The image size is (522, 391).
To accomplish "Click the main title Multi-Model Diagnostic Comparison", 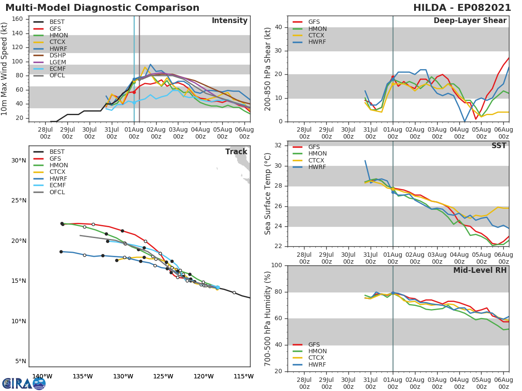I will [x=102, y=8].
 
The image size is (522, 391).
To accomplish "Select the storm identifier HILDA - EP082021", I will [x=463, y=8].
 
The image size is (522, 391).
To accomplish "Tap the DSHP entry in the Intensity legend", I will [x=57, y=56].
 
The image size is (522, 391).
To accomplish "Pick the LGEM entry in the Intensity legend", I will [x=58, y=63].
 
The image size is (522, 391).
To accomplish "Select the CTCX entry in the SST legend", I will [x=317, y=160].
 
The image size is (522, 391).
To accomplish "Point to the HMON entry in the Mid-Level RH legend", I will [x=317, y=351].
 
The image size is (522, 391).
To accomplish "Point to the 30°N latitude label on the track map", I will [x=19, y=160].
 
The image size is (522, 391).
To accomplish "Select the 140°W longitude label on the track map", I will [x=42, y=376].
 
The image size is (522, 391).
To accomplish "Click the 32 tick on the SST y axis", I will [x=279, y=146].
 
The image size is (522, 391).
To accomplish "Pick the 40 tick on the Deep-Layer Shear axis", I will [x=279, y=27].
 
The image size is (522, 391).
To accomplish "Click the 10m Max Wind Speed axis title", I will [x=5, y=69].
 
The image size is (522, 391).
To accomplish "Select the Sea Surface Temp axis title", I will [x=268, y=194].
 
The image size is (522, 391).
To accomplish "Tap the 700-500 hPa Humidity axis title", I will [x=268, y=318].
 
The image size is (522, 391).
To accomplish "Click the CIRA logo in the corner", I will [x=24, y=383].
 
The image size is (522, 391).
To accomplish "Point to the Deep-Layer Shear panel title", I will [x=470, y=21].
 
